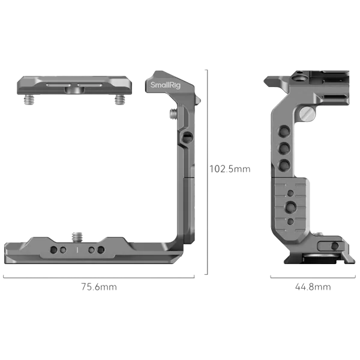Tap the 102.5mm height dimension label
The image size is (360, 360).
click(230, 169)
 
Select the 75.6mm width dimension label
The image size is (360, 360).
click(100, 287)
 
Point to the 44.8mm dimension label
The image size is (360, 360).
click(312, 287)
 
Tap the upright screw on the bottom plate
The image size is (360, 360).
click(77, 233)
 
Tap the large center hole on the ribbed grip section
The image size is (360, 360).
click(292, 207)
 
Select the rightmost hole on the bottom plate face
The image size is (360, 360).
click(99, 250)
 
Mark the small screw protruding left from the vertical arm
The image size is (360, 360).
click(173, 112)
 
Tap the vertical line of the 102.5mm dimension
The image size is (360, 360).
click(206, 174)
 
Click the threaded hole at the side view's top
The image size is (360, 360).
click(298, 77)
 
